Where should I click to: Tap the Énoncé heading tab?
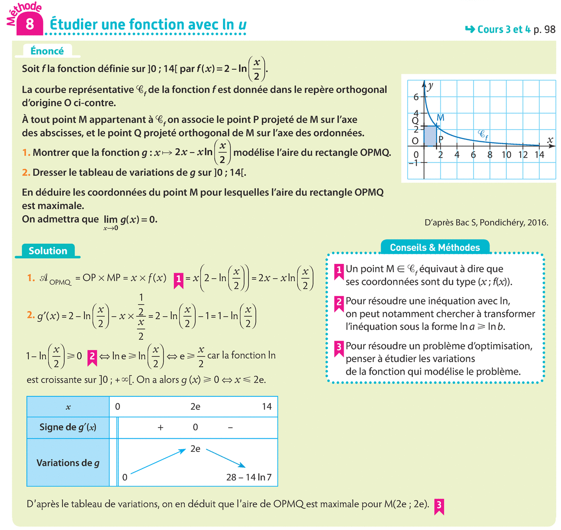point(47,51)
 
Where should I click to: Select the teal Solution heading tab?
point(48,251)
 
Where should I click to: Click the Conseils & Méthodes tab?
point(435,247)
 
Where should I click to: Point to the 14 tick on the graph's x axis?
point(539,154)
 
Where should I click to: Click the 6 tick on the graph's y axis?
point(416,97)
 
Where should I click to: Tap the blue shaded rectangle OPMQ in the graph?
point(430,136)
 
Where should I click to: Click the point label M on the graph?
point(440,118)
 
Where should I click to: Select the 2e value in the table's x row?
point(195,407)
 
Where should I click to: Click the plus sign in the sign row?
point(160,427)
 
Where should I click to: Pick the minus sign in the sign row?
point(230,427)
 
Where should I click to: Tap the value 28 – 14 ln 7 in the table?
point(249,477)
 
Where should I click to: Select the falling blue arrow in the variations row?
point(226,458)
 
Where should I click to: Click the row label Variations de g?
point(68,463)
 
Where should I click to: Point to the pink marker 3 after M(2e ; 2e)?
point(439,506)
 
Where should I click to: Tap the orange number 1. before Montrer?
point(26,152)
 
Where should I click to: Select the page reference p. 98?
point(544,29)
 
